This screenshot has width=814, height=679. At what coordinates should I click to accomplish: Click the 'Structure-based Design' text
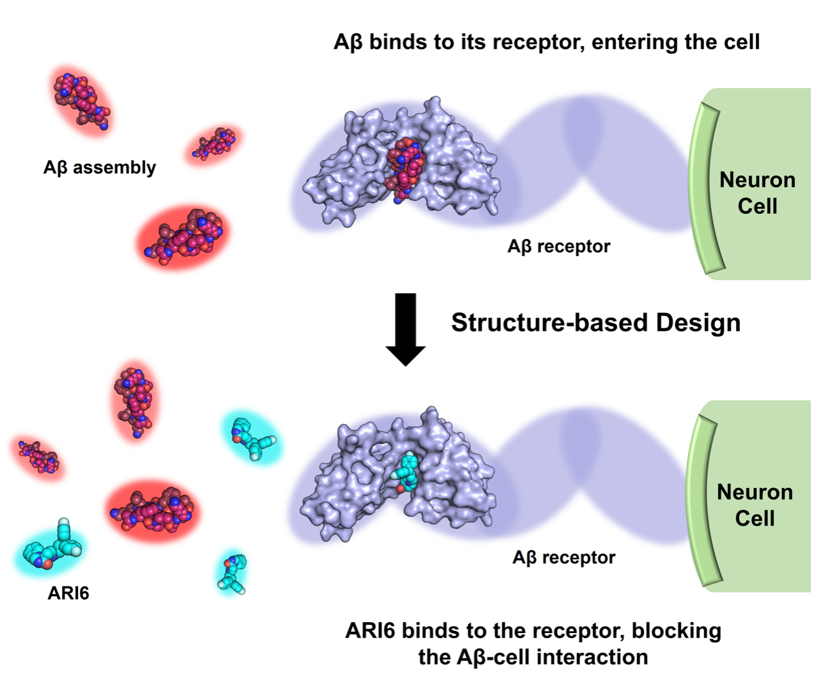[595, 323]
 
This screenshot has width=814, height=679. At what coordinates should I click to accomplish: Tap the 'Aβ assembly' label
[100, 167]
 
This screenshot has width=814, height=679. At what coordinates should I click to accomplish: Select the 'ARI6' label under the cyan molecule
[68, 593]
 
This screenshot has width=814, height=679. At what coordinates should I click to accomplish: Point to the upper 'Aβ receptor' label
[558, 246]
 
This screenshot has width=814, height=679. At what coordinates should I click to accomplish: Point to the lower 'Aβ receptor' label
[564, 558]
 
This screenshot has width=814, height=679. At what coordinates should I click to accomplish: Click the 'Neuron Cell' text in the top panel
[757, 193]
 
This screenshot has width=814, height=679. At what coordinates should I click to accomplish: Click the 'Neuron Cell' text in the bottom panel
[755, 505]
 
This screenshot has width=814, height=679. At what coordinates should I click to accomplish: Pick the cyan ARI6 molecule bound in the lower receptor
[407, 473]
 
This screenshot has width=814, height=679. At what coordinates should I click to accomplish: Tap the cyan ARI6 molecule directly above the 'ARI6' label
[51, 549]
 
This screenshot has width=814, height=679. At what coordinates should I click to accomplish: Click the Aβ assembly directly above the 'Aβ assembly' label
[81, 100]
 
